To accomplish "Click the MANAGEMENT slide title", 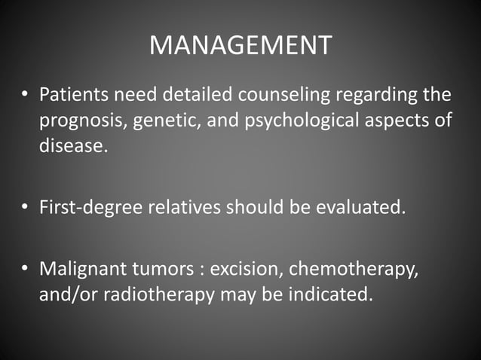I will [x=240, y=45].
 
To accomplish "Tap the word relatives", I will [x=187, y=207].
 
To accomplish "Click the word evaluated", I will [x=354, y=207].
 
